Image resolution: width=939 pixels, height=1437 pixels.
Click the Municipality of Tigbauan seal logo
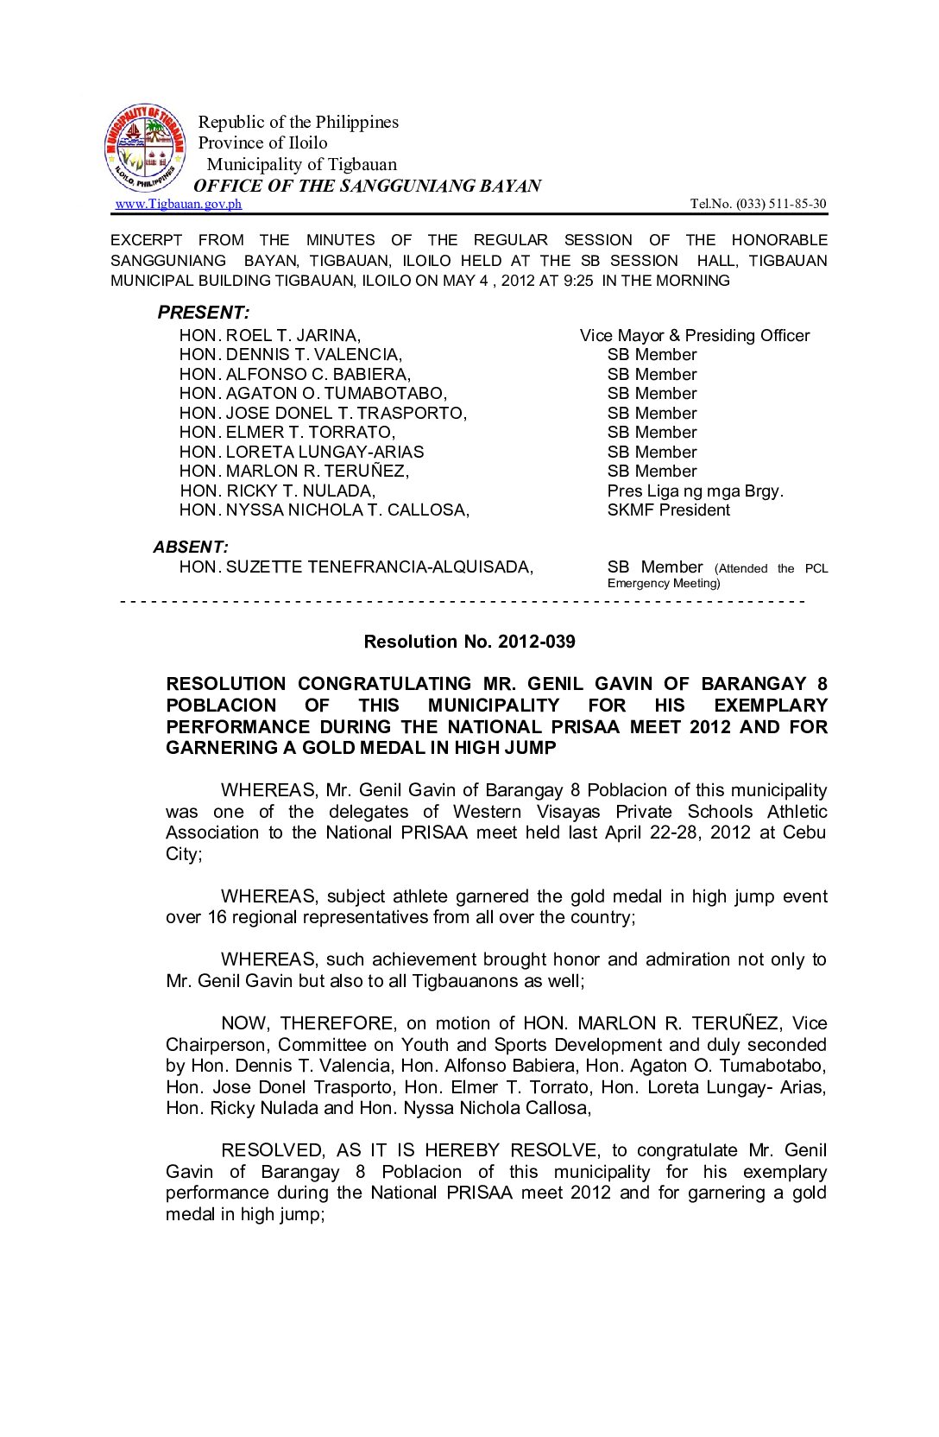145,149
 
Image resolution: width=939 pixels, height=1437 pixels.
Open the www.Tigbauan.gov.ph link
179,204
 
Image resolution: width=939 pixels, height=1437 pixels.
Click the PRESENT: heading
204,313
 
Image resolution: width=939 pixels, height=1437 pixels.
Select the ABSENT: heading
191,547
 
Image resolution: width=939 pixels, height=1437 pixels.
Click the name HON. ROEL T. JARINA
270,335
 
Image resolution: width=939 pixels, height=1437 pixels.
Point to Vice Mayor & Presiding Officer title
695,335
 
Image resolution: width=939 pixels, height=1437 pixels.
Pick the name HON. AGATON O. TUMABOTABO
313,394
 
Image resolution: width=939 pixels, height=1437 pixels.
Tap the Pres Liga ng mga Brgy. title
696,491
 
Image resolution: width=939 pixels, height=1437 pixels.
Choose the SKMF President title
669,510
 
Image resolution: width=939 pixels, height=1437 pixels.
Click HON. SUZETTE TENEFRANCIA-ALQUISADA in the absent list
356,567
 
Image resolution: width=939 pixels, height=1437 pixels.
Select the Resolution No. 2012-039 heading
469,642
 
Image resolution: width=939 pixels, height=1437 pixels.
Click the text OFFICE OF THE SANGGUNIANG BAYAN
368,186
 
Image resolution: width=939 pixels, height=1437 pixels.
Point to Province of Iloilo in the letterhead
263,142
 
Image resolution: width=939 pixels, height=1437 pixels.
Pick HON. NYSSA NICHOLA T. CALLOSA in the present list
325,510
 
